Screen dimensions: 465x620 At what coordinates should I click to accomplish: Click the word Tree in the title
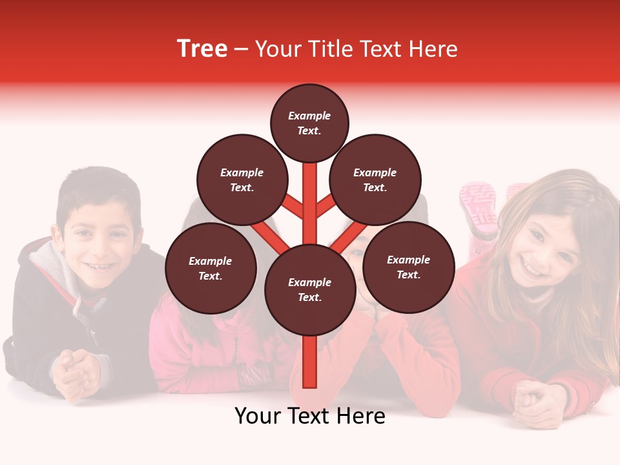pyautogui.click(x=202, y=49)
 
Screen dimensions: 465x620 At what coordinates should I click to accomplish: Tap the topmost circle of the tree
pyautogui.click(x=309, y=123)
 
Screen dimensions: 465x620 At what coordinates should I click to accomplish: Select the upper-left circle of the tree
pyautogui.click(x=242, y=180)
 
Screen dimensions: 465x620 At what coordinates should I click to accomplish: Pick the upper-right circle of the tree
pyautogui.click(x=375, y=180)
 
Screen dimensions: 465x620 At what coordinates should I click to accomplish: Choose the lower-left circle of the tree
pyautogui.click(x=211, y=268)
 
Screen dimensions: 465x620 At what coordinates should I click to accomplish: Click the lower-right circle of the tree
pyautogui.click(x=408, y=267)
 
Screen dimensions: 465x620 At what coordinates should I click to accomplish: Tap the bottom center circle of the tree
pyautogui.click(x=309, y=289)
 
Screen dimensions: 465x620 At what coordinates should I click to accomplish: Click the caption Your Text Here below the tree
pyautogui.click(x=309, y=416)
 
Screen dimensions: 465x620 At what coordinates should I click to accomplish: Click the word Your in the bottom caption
pyautogui.click(x=258, y=416)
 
